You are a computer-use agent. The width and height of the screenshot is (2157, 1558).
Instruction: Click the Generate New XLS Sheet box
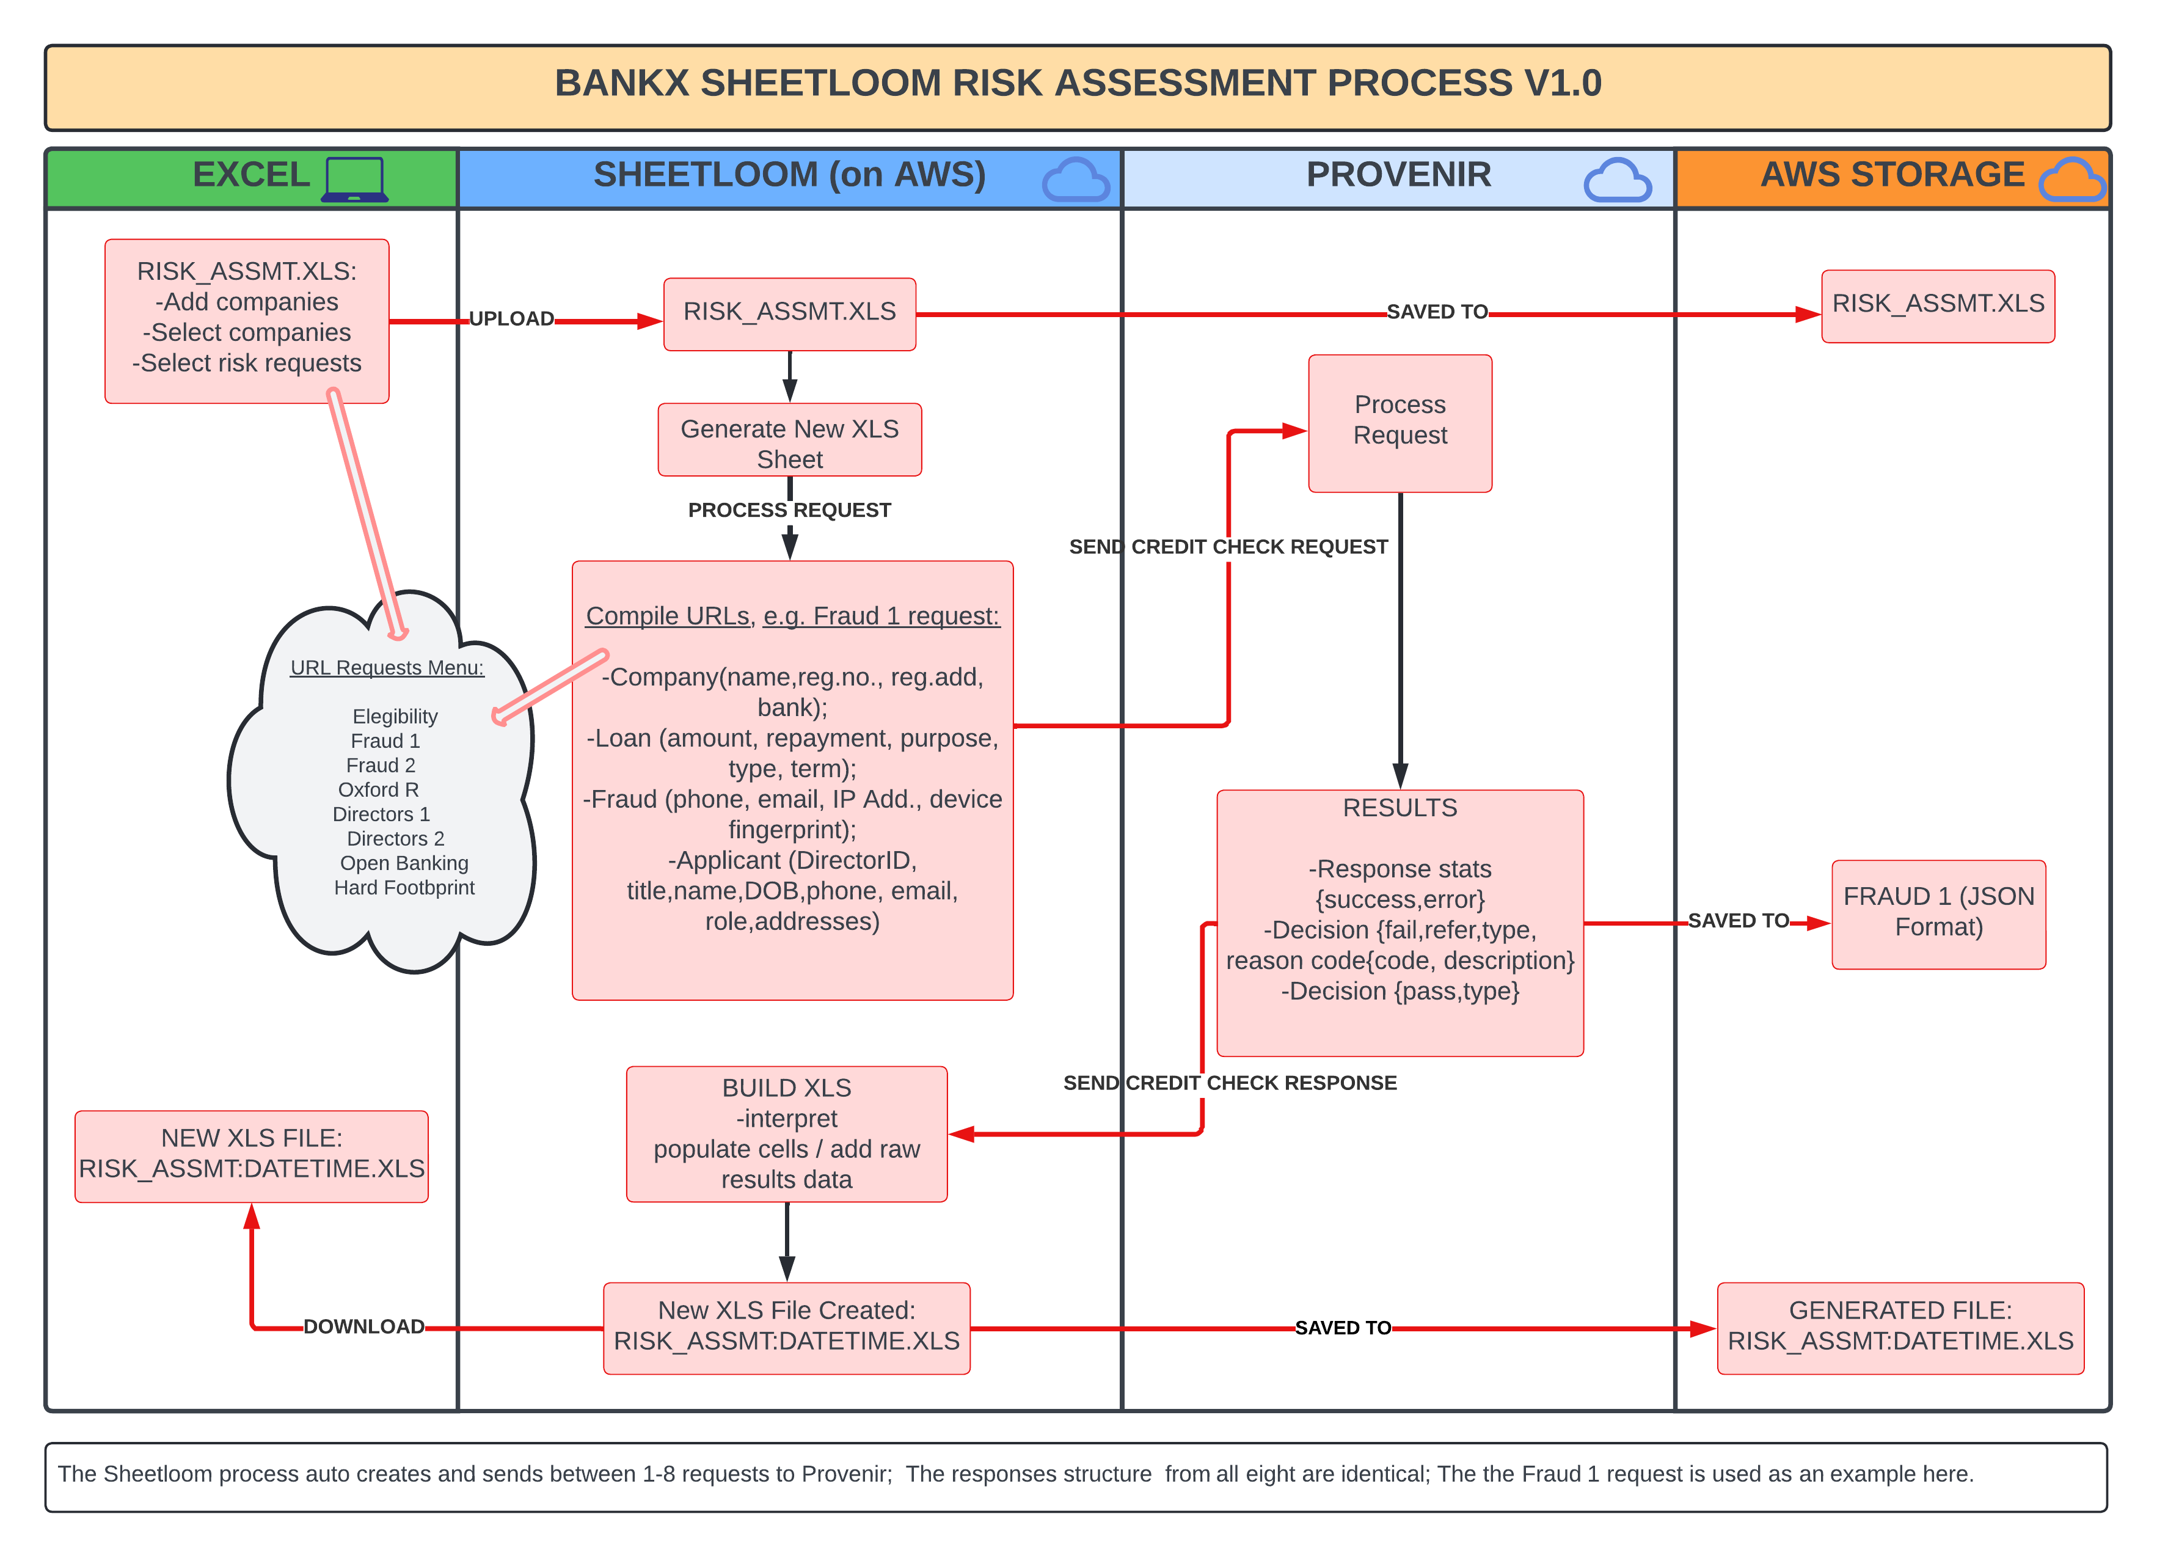coord(789,443)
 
